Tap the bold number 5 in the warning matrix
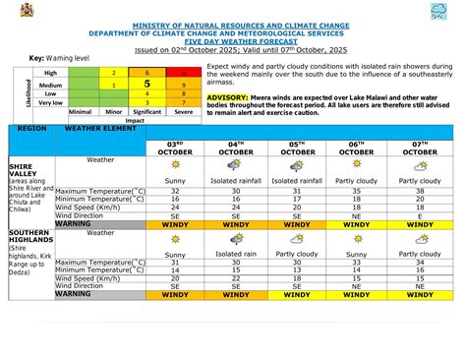(x=146, y=84)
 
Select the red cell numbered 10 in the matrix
(x=180, y=73)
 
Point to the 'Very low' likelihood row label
(x=51, y=102)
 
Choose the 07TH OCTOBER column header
(x=421, y=148)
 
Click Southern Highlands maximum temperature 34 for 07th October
(x=421, y=263)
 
